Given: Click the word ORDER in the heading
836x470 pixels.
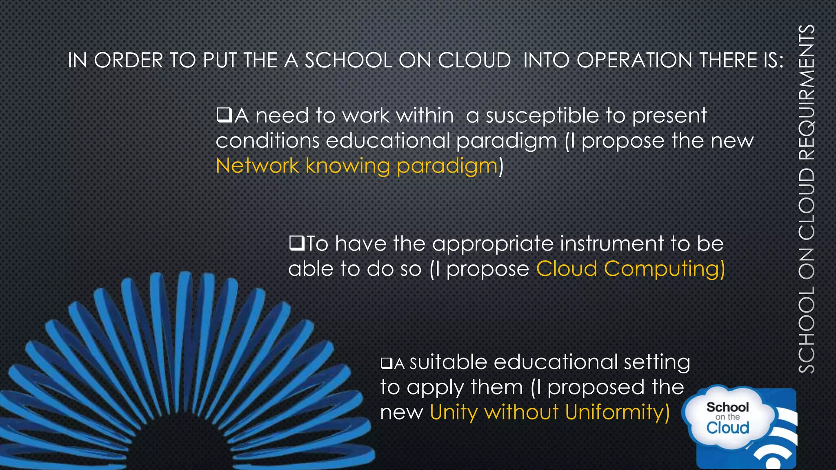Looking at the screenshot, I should (x=129, y=60).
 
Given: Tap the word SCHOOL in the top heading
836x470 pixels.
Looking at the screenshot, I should (x=348, y=60).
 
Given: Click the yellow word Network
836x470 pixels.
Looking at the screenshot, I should (x=257, y=166).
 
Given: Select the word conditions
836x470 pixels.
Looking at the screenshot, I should (x=267, y=141).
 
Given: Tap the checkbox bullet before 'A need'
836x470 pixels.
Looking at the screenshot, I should (x=224, y=115).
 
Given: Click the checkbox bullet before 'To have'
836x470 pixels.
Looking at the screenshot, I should (x=296, y=243).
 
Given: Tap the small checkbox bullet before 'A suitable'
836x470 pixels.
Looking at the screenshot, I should (x=386, y=363).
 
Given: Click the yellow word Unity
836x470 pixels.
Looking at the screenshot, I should (x=453, y=413).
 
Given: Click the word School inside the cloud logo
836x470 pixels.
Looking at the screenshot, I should (x=727, y=407).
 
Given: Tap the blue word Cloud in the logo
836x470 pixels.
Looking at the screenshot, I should (x=727, y=428).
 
